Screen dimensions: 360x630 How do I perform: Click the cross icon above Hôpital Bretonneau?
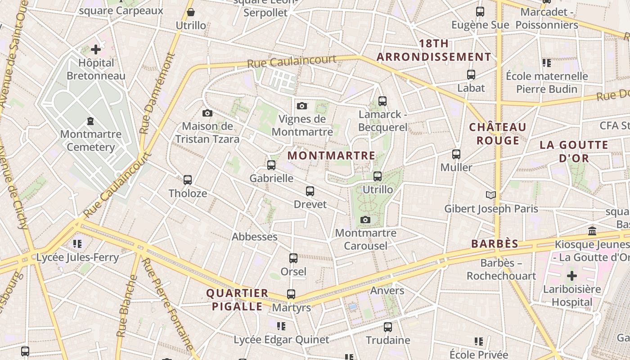tap(96, 49)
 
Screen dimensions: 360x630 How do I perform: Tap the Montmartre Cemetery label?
tap(90, 140)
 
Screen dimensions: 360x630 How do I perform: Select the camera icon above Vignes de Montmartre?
tap(302, 106)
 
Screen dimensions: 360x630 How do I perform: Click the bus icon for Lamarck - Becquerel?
tap(382, 101)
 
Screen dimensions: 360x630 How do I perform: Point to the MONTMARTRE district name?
tap(331, 156)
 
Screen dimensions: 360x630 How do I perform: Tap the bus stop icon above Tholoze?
tap(188, 180)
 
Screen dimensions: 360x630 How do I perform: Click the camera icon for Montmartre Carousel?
tap(365, 220)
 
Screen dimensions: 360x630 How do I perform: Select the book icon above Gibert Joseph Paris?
tap(490, 195)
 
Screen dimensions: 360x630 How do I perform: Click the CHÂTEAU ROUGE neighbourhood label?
tap(498, 134)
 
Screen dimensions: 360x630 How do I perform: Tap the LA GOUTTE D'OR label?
tap(574, 152)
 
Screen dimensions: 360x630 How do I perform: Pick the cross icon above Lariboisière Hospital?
tap(571, 275)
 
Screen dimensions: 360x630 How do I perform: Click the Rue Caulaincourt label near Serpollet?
tap(292, 61)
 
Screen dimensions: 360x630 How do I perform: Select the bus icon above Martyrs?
tap(291, 294)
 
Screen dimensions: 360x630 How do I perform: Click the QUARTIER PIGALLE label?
tap(237, 300)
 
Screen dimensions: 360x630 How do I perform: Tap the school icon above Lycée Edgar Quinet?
tap(281, 326)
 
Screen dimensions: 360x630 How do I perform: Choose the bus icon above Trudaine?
tap(388, 327)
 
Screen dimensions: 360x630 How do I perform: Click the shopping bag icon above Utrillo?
tap(191, 12)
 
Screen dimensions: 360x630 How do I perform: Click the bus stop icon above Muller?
tap(456, 154)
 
